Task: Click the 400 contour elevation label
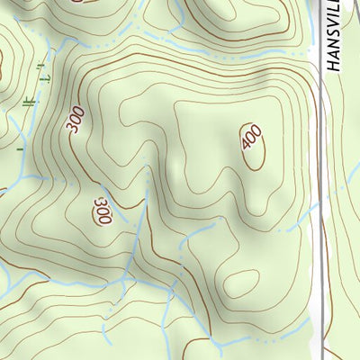point(251,139)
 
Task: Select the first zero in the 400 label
point(251,139)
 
